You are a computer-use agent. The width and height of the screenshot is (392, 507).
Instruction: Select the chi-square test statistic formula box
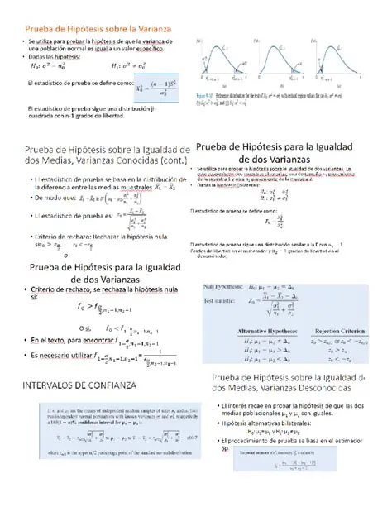pyautogui.click(x=159, y=85)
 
